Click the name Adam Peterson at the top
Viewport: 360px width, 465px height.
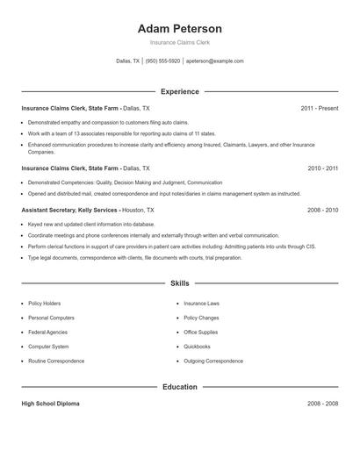coord(180,28)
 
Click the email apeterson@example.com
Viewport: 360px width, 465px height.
coord(214,61)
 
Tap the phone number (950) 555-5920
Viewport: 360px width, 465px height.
coord(162,61)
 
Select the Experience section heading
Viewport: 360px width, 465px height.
coord(180,91)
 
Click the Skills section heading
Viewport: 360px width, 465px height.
coord(180,283)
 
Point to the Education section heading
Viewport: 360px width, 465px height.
coord(180,386)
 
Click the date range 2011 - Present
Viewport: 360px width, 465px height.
coord(319,108)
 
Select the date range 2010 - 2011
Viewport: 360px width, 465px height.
coord(323,167)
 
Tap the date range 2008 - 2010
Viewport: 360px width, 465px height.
coord(323,211)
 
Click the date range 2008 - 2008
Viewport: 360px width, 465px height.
coord(323,404)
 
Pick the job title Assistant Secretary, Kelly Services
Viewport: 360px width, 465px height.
coord(69,211)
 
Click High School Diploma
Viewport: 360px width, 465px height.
coord(50,404)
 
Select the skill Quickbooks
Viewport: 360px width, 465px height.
coord(197,347)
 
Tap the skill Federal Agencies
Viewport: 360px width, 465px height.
coord(48,333)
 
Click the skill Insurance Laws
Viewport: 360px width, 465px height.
coord(201,304)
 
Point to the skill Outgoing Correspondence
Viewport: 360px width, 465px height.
coord(213,361)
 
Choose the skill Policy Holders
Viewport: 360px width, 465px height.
coord(45,304)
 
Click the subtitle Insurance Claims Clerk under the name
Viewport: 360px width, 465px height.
coord(180,42)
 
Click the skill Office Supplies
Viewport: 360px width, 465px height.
coord(201,333)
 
